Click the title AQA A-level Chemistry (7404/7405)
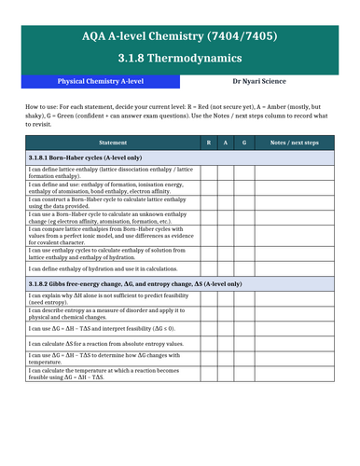pyautogui.click(x=180, y=36)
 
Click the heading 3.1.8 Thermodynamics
pyautogui.click(x=180, y=58)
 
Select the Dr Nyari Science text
pyautogui.click(x=270, y=82)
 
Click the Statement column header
pyautogui.click(x=112, y=141)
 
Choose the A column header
pyautogui.click(x=226, y=141)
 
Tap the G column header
pyautogui.click(x=243, y=141)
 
